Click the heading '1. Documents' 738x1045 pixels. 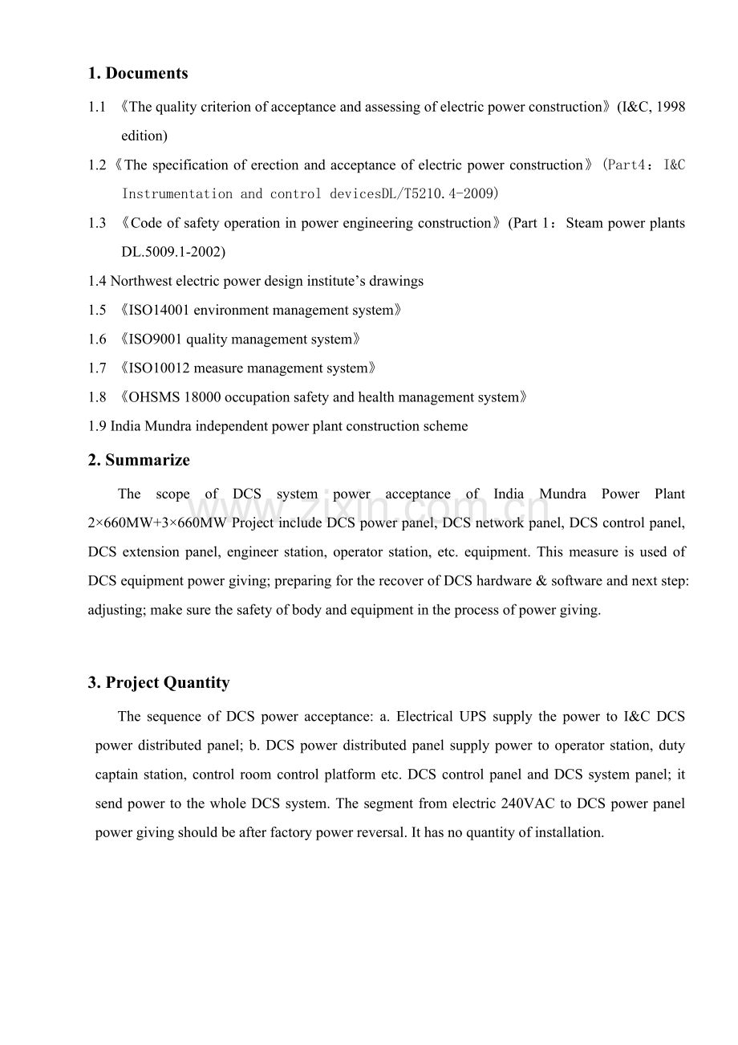[x=138, y=74]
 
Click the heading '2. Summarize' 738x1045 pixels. [x=139, y=461]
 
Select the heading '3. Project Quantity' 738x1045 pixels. [x=159, y=683]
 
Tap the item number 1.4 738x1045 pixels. [x=97, y=281]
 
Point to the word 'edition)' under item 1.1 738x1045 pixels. [x=144, y=136]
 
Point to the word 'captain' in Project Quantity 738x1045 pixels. [x=117, y=775]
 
